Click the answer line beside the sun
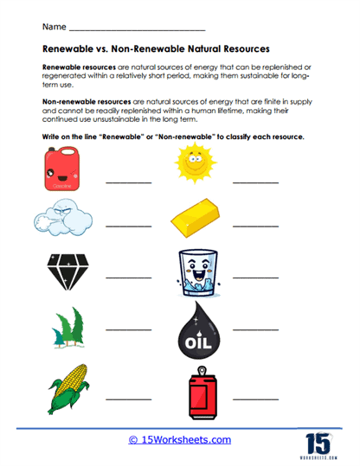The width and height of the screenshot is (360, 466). click(x=256, y=183)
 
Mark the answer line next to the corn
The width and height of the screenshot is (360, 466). click(x=128, y=399)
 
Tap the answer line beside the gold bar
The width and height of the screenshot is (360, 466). click(x=256, y=227)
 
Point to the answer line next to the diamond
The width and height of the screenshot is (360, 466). click(x=128, y=278)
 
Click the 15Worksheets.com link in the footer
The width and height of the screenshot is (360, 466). click(x=180, y=440)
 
